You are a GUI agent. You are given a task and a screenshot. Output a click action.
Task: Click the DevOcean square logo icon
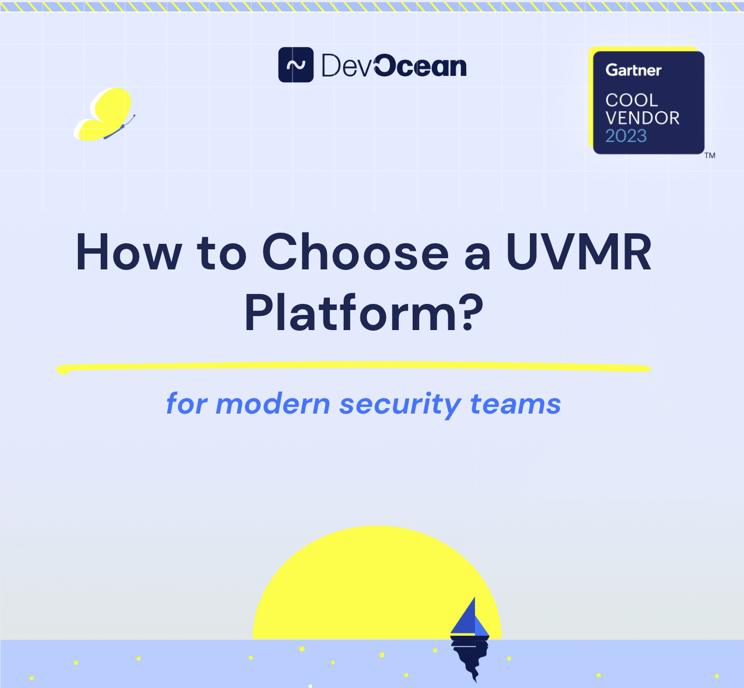296,65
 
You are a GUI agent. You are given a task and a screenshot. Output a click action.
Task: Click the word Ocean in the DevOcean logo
420,66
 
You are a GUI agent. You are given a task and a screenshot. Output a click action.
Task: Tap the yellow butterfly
106,114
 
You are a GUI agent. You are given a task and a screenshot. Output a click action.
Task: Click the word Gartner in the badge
633,70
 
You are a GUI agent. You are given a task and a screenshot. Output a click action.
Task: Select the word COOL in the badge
632,100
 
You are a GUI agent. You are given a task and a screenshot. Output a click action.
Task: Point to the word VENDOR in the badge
642,118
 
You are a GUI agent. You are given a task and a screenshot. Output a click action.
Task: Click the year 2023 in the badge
626,136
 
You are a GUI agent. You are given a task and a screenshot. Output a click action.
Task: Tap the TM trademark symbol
710,156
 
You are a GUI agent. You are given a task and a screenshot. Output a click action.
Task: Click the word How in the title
128,253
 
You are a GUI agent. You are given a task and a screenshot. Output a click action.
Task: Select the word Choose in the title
355,253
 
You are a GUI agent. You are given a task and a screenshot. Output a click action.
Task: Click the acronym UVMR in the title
578,253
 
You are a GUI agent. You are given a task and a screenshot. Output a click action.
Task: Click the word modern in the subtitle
272,404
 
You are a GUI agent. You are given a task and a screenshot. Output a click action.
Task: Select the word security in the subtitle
400,404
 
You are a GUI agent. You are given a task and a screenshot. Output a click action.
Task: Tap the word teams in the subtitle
515,404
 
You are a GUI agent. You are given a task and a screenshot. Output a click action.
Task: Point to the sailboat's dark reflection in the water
470,657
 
